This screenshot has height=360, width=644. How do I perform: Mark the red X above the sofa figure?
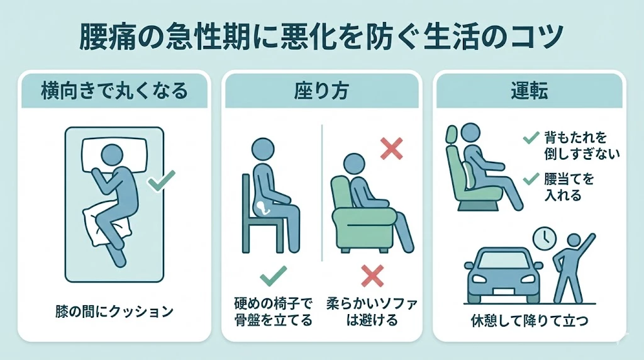[392, 149]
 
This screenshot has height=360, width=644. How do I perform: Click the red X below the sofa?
[372, 276]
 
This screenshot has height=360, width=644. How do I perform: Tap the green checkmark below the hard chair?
[273, 275]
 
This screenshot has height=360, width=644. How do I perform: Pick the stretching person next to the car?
[570, 267]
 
